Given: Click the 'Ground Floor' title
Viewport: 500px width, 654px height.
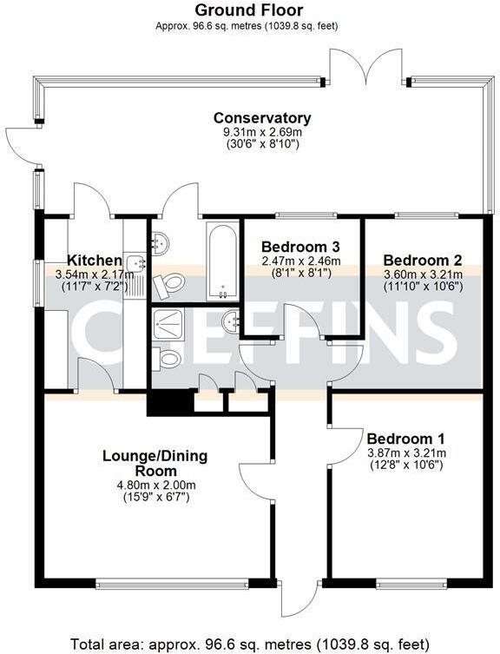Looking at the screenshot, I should point(248,10).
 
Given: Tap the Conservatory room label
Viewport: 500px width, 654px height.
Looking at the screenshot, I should point(262,118).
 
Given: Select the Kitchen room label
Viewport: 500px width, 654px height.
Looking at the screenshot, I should point(94,260).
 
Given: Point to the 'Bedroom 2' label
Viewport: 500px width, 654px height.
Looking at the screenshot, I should point(422,260).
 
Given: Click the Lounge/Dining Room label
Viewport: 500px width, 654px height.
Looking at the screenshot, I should point(155,463).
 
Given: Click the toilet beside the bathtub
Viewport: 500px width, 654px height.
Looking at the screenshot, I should point(174,282).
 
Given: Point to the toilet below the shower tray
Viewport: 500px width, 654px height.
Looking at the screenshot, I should point(168,359).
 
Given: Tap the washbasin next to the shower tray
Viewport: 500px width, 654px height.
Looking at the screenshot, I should point(231,320).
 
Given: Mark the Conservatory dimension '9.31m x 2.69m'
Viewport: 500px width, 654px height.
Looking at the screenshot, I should point(262,132).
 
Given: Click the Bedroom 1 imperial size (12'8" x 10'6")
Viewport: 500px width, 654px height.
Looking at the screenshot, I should point(405,465).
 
